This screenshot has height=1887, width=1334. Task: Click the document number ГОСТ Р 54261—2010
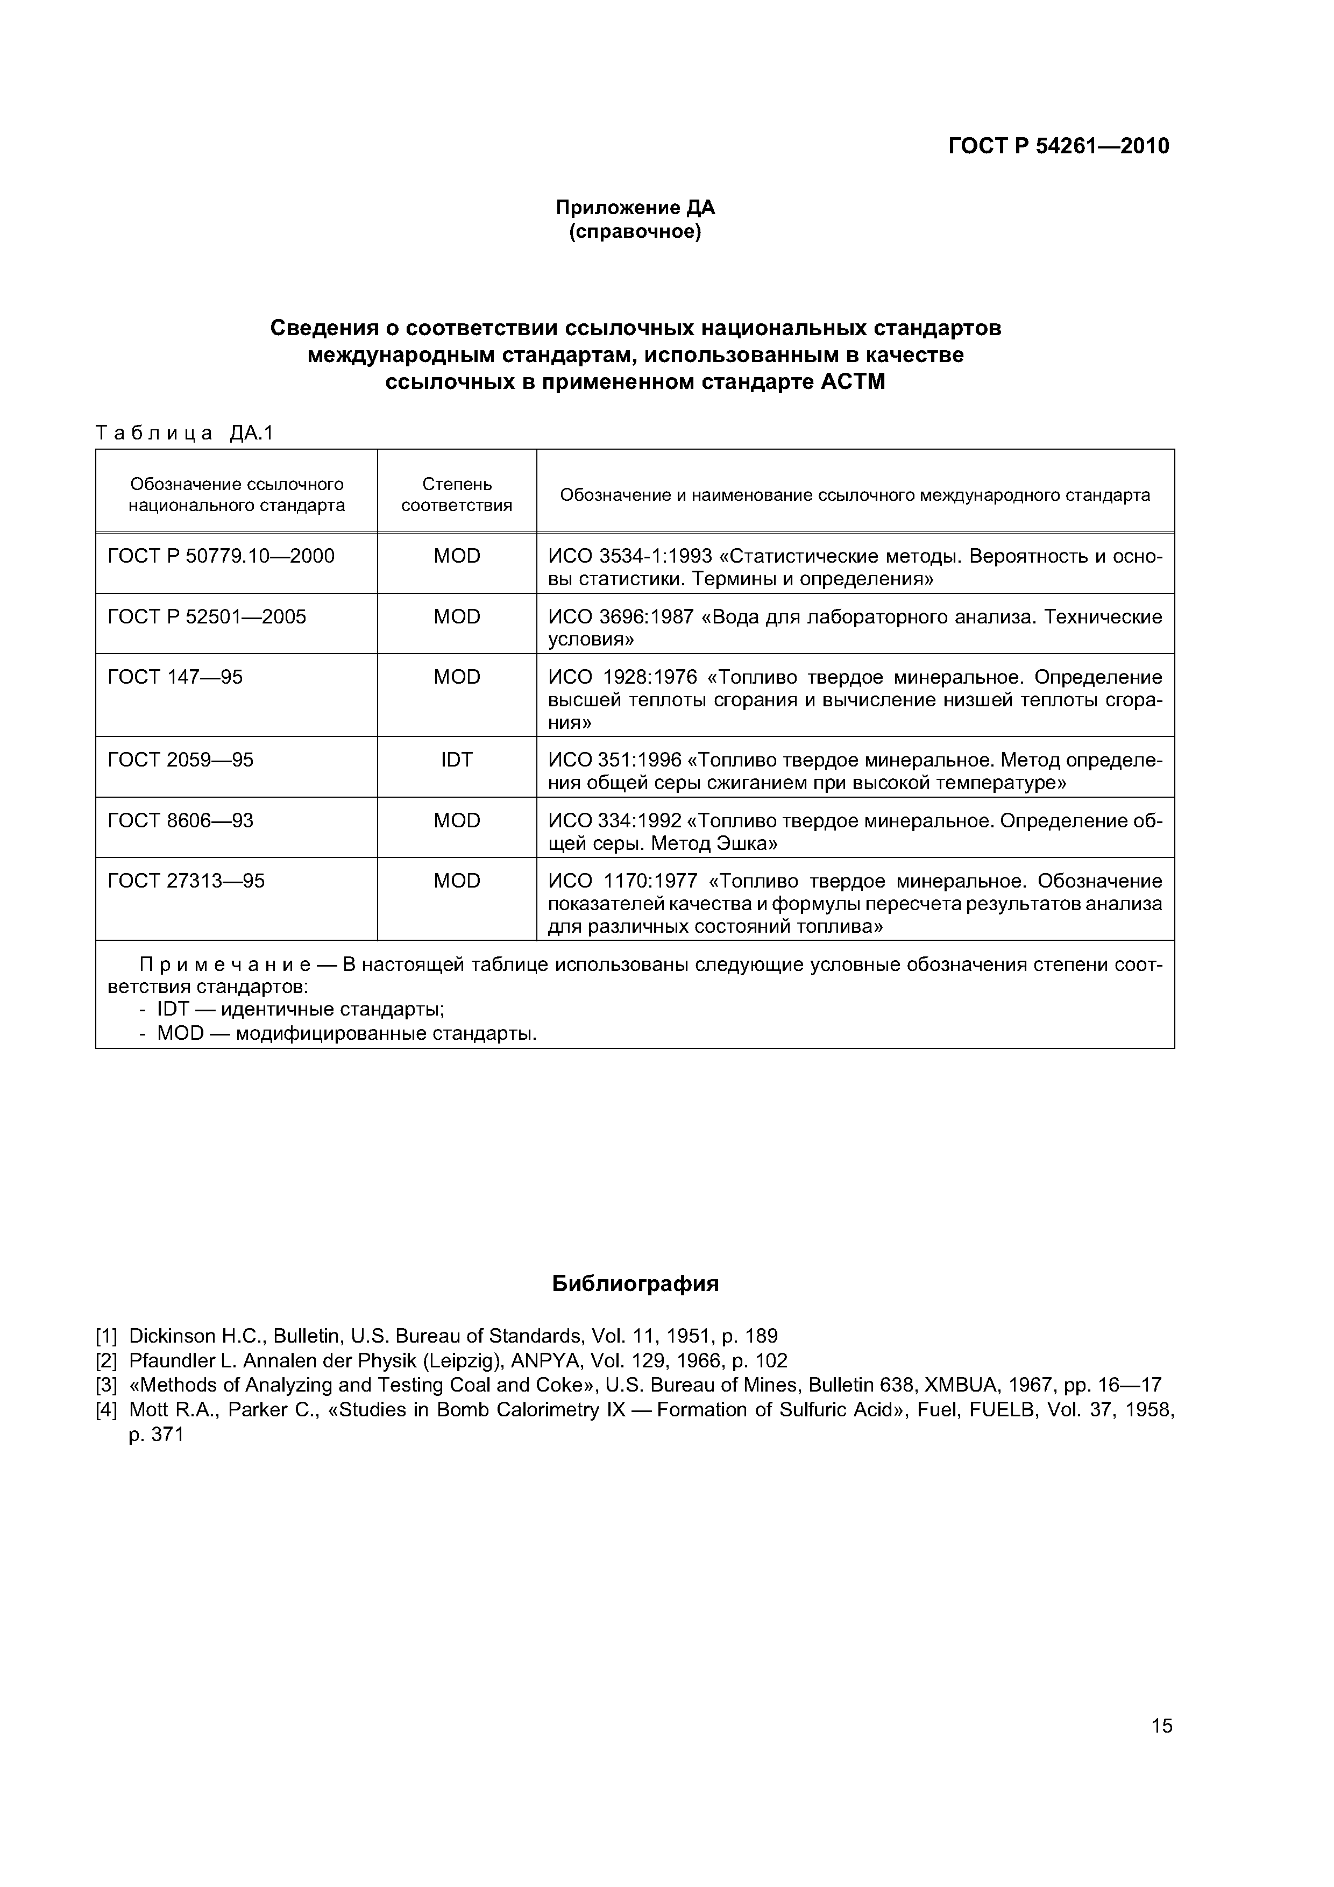click(1058, 146)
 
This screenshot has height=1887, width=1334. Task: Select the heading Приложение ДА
click(635, 208)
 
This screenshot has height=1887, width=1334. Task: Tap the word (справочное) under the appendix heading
click(635, 232)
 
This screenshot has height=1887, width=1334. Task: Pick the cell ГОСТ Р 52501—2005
click(207, 617)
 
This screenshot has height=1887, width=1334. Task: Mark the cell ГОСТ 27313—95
click(187, 881)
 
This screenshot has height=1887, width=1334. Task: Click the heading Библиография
click(635, 1284)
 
